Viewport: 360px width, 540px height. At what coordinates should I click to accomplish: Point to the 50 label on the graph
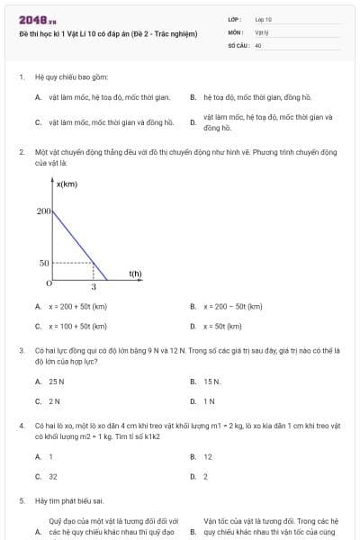(x=45, y=263)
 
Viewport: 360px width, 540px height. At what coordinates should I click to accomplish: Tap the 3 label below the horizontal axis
(x=94, y=286)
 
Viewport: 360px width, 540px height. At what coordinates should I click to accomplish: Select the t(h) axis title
(x=135, y=273)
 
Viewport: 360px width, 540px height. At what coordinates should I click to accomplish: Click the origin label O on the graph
(x=49, y=283)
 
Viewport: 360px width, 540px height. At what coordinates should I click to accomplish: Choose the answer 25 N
(x=57, y=381)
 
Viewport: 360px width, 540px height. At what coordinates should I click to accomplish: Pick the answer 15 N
(x=211, y=381)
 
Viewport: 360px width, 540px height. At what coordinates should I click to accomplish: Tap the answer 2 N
(x=54, y=400)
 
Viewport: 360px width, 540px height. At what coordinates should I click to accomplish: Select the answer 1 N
(x=209, y=400)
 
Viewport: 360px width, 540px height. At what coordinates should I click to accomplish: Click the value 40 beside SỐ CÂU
(x=258, y=44)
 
